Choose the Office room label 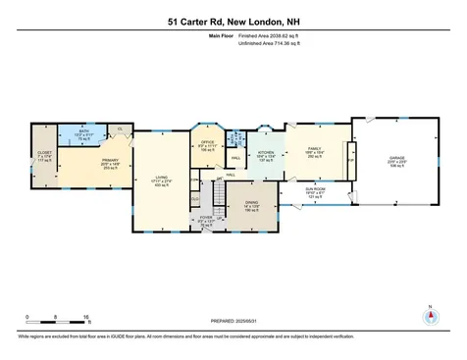coord(207,148)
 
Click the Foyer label coord(206,221)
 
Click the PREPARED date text coord(233,320)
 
